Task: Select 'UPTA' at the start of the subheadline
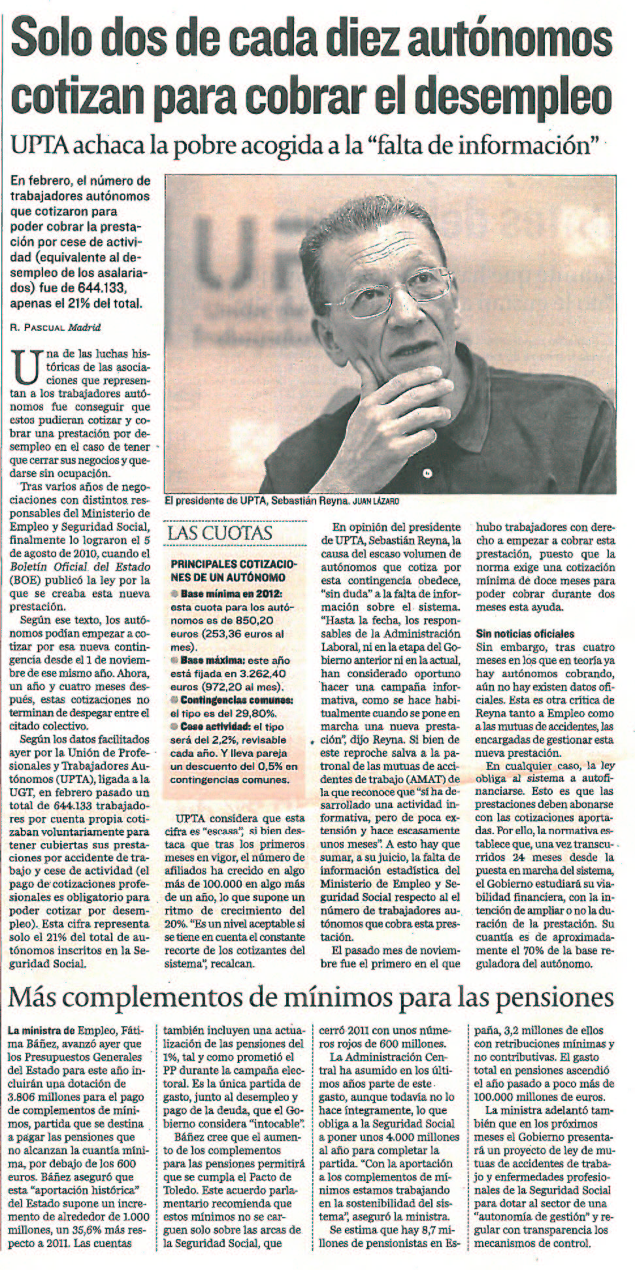(x=38, y=146)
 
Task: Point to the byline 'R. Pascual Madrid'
(x=56, y=326)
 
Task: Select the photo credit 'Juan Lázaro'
(x=376, y=501)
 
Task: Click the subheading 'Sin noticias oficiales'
(x=525, y=633)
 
